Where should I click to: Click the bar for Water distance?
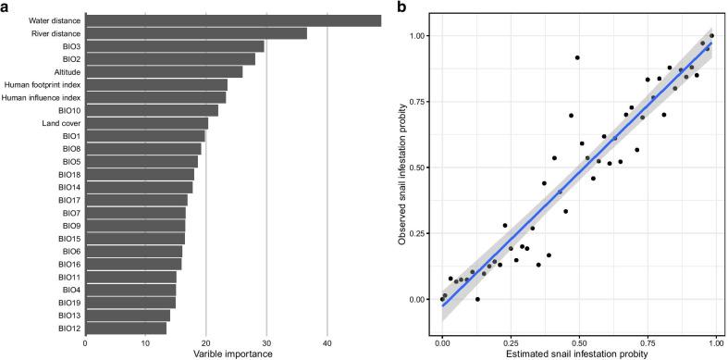click(233, 20)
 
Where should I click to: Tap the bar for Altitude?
click(164, 71)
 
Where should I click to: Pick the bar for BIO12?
click(126, 328)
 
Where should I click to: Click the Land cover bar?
click(146, 123)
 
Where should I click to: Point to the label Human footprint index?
click(42, 84)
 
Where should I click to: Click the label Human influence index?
click(42, 97)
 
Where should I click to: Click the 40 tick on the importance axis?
click(327, 343)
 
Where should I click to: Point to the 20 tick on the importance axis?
click(205, 343)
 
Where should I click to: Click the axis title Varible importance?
click(233, 354)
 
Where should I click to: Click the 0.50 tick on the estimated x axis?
click(579, 343)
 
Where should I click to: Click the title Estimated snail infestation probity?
click(579, 354)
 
